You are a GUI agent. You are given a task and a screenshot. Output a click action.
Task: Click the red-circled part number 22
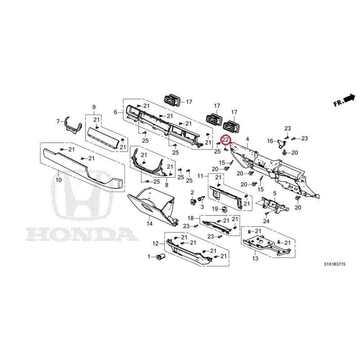coord(225,139)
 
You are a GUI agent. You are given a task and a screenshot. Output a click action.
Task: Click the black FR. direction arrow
coord(350,98)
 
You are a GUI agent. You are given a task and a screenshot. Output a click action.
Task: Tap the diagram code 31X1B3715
coord(334,264)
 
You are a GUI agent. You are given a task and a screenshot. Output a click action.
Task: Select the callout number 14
coord(149,224)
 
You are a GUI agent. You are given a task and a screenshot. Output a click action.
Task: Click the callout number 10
coord(59,180)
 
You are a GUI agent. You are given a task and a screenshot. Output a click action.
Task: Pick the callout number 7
coord(58,121)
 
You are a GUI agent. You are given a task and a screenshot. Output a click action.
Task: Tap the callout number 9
coord(94,107)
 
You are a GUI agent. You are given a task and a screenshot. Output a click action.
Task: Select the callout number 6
coord(116,112)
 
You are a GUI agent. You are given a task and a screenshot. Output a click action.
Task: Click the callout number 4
coord(247,139)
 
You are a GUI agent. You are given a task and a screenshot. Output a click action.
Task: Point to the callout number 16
coord(270,141)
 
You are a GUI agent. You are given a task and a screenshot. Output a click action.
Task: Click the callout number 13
coord(255,258)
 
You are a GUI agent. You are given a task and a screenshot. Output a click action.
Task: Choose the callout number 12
coord(156,243)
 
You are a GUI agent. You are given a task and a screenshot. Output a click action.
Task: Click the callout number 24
coord(266,221)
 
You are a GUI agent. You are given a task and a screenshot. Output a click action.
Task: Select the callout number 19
coord(215,209)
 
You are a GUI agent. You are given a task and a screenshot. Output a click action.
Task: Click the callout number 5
coord(274,193)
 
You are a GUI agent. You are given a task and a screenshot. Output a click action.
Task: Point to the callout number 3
coord(202,207)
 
